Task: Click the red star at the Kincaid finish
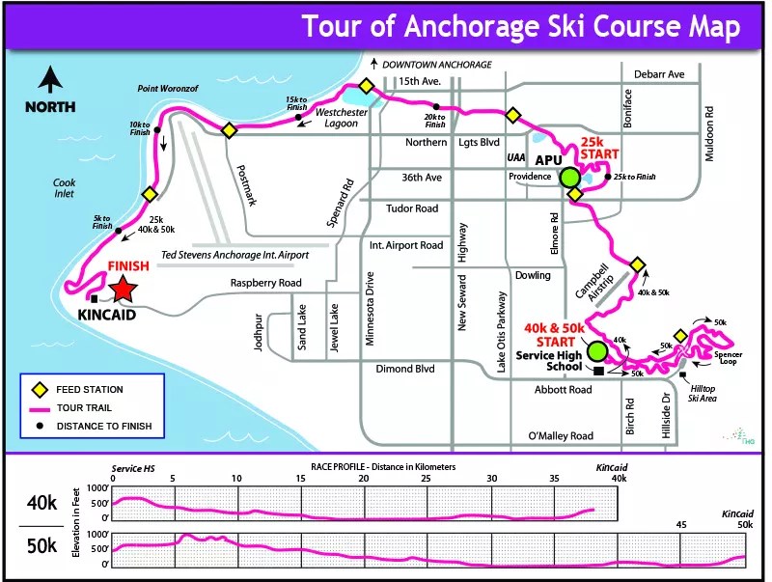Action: click(123, 289)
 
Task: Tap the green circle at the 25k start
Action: click(569, 178)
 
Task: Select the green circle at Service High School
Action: click(598, 350)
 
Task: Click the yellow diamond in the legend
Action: click(40, 390)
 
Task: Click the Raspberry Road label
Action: click(266, 284)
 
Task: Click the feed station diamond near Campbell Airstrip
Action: click(637, 265)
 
